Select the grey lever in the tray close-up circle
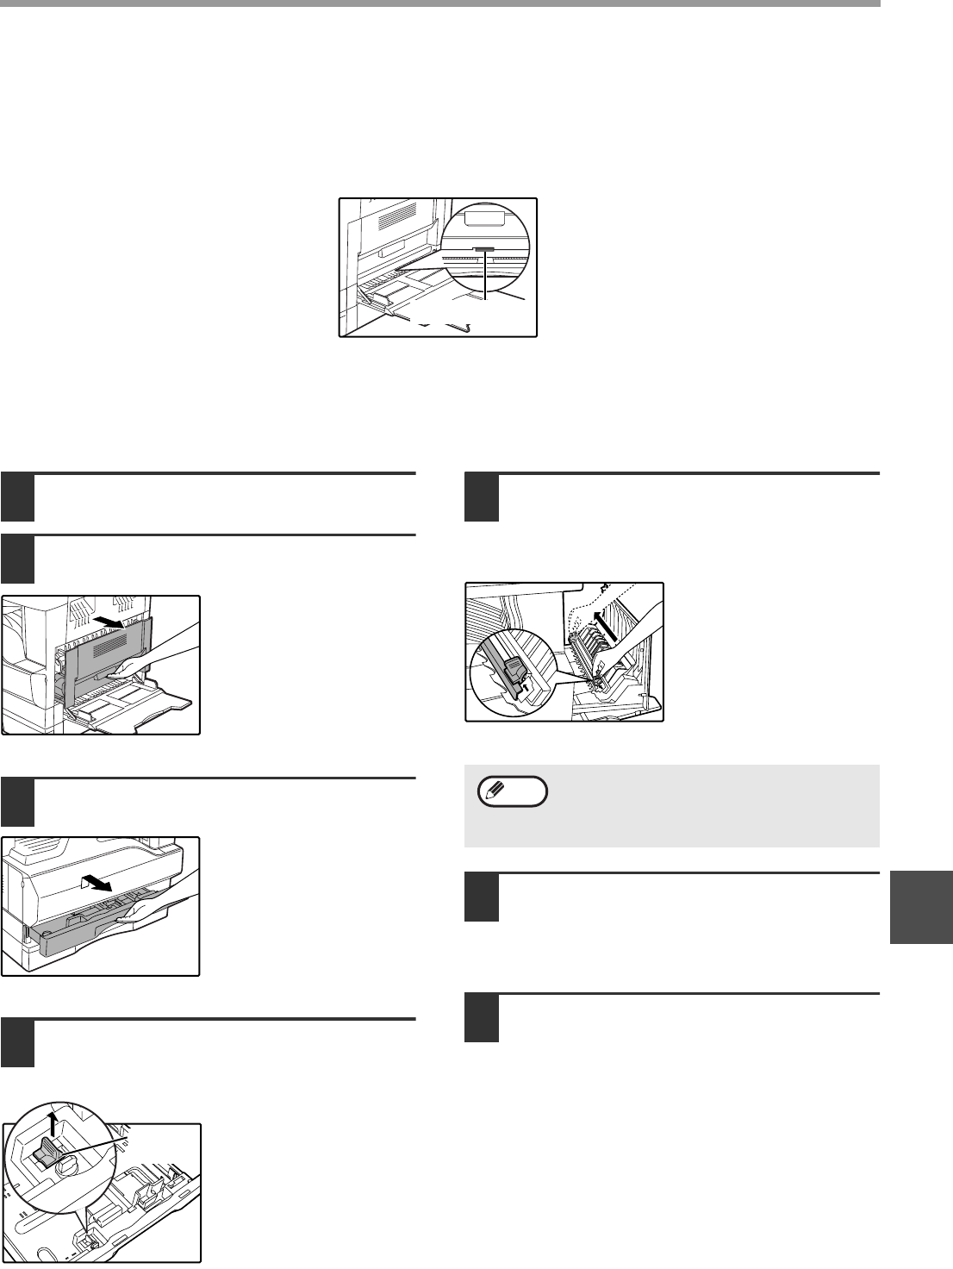pyautogui.click(x=50, y=1149)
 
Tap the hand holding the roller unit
pyautogui.click(x=633, y=642)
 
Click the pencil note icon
pyautogui.click(x=513, y=791)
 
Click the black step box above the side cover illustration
pyautogui.click(x=17, y=559)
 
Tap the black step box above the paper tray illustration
pyautogui.click(x=17, y=802)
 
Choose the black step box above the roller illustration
pyautogui.click(x=482, y=497)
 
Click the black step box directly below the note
pyautogui.click(x=482, y=897)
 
